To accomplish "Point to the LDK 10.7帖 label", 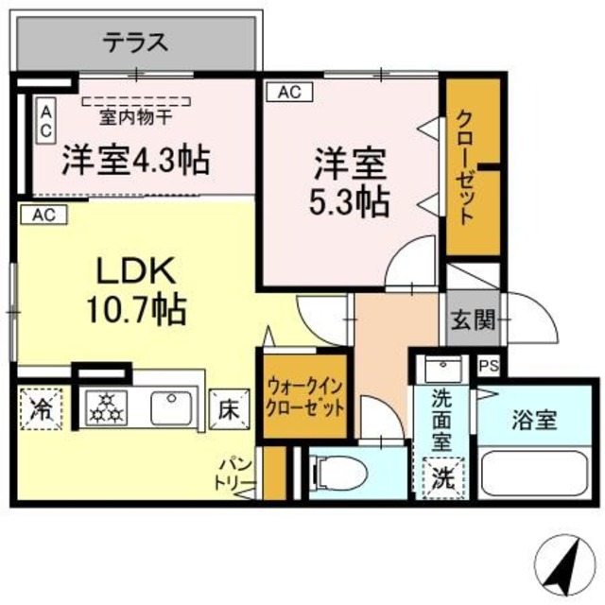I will (x=136, y=288).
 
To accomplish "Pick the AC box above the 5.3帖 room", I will (x=289, y=93).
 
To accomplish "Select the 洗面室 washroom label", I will (x=441, y=416).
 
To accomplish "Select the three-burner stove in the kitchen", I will (x=106, y=408).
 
